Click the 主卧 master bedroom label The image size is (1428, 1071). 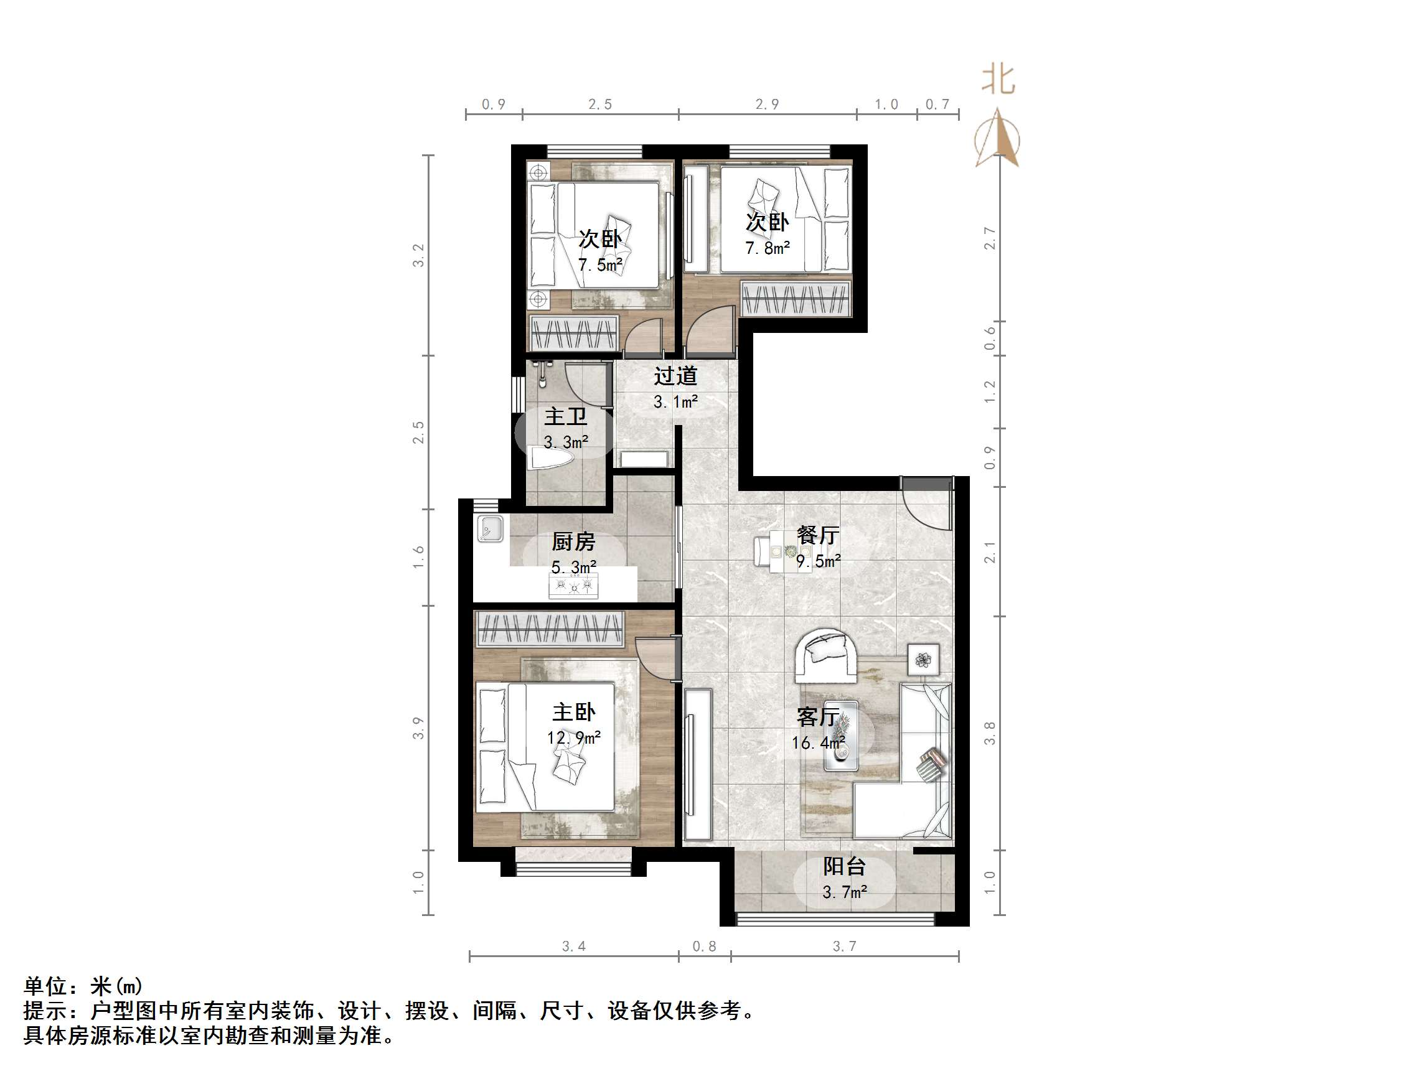[x=573, y=712]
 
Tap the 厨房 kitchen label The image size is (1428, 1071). [x=573, y=541]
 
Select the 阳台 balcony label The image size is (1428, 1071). [x=843, y=866]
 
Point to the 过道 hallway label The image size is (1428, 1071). [x=675, y=376]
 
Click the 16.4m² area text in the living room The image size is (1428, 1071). [x=819, y=743]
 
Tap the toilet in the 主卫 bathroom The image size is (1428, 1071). [x=551, y=459]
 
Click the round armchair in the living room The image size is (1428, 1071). [x=825, y=655]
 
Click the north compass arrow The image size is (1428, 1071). [x=998, y=139]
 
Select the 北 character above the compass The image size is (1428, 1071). [x=998, y=81]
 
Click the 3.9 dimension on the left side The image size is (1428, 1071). [x=418, y=728]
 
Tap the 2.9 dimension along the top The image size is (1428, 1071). [x=767, y=105]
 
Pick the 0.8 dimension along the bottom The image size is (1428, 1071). [x=704, y=947]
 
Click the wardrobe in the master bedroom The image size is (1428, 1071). [x=550, y=628]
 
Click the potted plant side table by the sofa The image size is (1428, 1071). [x=923, y=660]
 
